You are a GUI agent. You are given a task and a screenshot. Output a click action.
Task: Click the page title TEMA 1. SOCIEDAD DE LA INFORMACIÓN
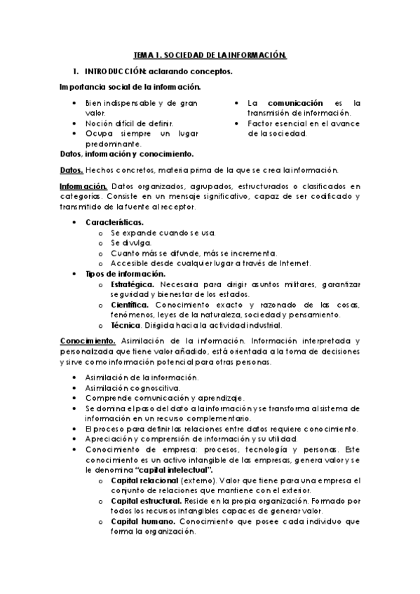(210, 54)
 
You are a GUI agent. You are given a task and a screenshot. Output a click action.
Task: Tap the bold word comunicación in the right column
(295, 102)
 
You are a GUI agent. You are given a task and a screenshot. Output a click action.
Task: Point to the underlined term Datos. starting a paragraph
(72, 170)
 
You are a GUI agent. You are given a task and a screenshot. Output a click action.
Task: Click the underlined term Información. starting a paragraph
(83, 186)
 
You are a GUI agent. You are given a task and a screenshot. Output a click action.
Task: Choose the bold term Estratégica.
(133, 284)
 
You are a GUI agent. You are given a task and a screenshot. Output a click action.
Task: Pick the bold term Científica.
(129, 305)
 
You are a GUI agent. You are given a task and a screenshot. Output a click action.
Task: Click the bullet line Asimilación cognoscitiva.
(132, 387)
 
